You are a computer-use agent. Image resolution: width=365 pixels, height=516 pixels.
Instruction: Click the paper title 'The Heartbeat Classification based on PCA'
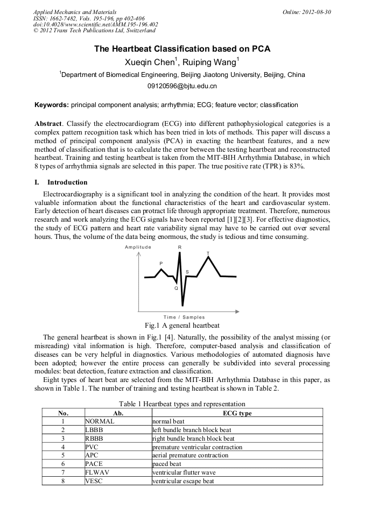(182, 49)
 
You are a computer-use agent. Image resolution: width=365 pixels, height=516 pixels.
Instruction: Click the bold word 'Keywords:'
(52, 104)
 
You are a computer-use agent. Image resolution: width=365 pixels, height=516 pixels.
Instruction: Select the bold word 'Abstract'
(48, 124)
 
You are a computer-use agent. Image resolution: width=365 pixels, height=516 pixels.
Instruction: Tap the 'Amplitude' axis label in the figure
(138, 247)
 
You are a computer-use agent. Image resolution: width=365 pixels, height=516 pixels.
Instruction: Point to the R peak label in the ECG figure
(180, 247)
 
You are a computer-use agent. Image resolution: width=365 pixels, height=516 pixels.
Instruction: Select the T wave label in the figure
(208, 253)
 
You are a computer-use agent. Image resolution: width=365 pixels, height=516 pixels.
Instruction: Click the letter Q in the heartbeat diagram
(176, 288)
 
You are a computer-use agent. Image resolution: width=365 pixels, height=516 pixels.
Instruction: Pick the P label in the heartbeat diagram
(161, 263)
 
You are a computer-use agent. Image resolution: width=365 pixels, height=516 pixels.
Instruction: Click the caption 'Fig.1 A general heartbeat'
(182, 326)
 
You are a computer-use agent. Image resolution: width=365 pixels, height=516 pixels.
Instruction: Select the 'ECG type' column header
(237, 413)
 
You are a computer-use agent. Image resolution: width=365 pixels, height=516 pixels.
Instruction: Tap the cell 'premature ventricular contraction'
(197, 447)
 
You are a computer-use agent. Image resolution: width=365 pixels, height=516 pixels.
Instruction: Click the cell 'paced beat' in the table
(167, 464)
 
